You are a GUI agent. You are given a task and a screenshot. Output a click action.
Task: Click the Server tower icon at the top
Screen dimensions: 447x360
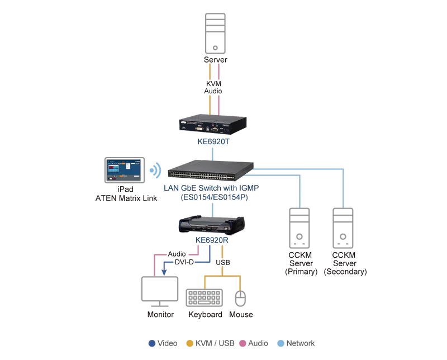click(215, 33)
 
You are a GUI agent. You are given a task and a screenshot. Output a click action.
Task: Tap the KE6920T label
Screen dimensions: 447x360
click(213, 141)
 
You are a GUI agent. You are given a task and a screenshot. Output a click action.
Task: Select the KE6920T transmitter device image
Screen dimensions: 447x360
click(213, 125)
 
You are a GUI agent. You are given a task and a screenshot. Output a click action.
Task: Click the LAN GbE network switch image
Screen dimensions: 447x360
click(211, 170)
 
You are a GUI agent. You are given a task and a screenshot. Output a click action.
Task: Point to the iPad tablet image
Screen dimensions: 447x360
click(125, 170)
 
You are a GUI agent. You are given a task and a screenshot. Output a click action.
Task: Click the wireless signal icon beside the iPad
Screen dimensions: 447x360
click(155, 170)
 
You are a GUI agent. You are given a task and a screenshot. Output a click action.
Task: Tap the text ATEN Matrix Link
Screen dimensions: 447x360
click(126, 198)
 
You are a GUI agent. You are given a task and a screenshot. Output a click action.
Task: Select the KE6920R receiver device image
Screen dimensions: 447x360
click(212, 225)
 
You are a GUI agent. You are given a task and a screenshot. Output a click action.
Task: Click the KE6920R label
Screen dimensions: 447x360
click(212, 240)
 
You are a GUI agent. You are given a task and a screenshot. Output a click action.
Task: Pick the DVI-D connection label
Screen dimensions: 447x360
click(184, 262)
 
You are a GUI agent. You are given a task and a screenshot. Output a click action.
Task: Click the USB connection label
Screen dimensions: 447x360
click(222, 262)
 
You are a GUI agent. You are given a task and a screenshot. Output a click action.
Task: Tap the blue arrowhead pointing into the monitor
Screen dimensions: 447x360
click(164, 272)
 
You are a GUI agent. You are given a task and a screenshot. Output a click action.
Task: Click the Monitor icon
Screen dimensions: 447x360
click(160, 292)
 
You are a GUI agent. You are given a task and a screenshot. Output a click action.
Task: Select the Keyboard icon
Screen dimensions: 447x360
click(204, 297)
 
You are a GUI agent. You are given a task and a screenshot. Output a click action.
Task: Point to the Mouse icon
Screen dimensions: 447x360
click(240, 299)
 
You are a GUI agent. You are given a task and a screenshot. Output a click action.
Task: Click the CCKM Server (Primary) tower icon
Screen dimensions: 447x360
click(299, 228)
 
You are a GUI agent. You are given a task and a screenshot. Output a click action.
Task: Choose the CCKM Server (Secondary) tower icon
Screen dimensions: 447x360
click(343, 228)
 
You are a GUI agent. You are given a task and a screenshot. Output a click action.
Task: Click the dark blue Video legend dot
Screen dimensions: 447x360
click(152, 343)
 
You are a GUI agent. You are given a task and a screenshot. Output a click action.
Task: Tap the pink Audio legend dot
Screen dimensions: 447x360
click(242, 343)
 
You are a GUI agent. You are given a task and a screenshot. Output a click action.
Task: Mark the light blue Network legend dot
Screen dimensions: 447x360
click(281, 343)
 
